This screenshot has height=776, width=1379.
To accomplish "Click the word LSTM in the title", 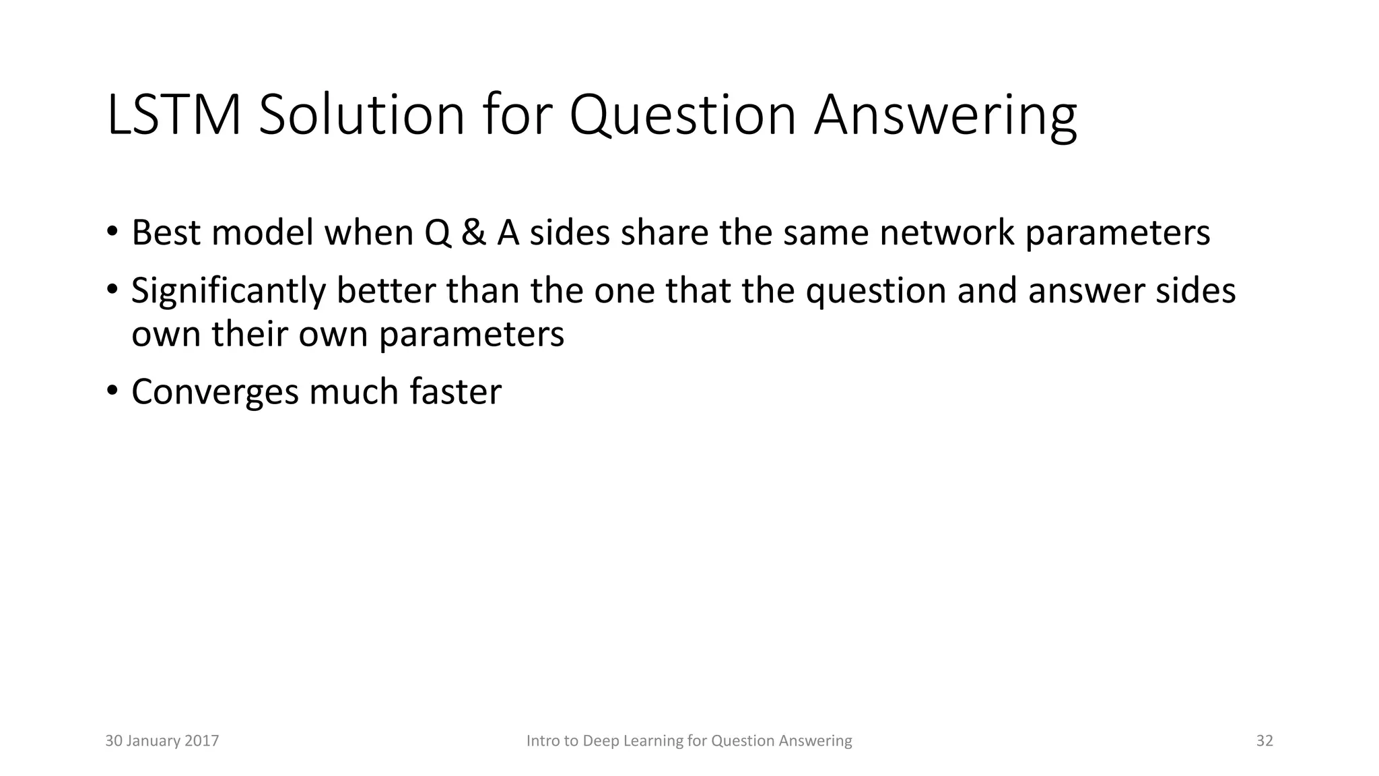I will [x=174, y=116].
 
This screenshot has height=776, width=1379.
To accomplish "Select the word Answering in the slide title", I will [x=945, y=116].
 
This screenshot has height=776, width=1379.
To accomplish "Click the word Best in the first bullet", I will [x=166, y=232].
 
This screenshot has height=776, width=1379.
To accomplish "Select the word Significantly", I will [x=228, y=291].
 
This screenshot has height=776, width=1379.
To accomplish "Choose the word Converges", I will [x=215, y=392].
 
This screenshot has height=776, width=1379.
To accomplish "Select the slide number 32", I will [x=1265, y=741].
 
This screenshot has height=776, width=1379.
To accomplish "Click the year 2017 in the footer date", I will [x=203, y=741].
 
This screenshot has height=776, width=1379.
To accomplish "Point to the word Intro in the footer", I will [x=541, y=741].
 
